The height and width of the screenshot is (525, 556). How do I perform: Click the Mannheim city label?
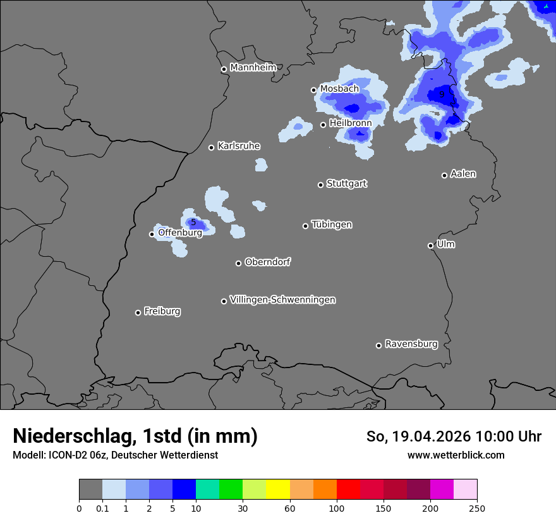point(253,67)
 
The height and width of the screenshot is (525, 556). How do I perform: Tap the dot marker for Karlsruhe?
point(212,147)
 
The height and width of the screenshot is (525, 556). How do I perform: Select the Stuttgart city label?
point(346,183)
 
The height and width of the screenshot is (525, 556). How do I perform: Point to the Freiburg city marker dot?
point(138,312)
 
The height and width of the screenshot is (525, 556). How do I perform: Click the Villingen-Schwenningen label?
point(282,299)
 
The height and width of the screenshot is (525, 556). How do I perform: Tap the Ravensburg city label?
point(411,344)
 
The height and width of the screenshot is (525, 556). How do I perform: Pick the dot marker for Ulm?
point(431,245)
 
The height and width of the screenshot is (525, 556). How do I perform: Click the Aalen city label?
point(463,173)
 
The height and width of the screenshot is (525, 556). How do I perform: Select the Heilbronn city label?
point(350,123)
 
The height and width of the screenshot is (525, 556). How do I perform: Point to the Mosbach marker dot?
point(313,90)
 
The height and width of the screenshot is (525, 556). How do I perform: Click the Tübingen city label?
point(332,225)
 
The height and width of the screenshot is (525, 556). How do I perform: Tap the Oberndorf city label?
point(267,262)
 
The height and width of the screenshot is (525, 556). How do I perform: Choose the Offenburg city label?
point(179,233)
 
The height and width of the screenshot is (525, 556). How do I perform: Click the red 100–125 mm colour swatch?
point(348,490)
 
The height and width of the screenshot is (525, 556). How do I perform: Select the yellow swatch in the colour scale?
point(278,490)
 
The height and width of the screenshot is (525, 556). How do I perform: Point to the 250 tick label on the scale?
point(477,508)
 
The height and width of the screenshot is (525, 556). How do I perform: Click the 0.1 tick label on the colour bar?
point(102,508)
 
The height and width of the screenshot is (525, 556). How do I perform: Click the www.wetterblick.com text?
point(456,455)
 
